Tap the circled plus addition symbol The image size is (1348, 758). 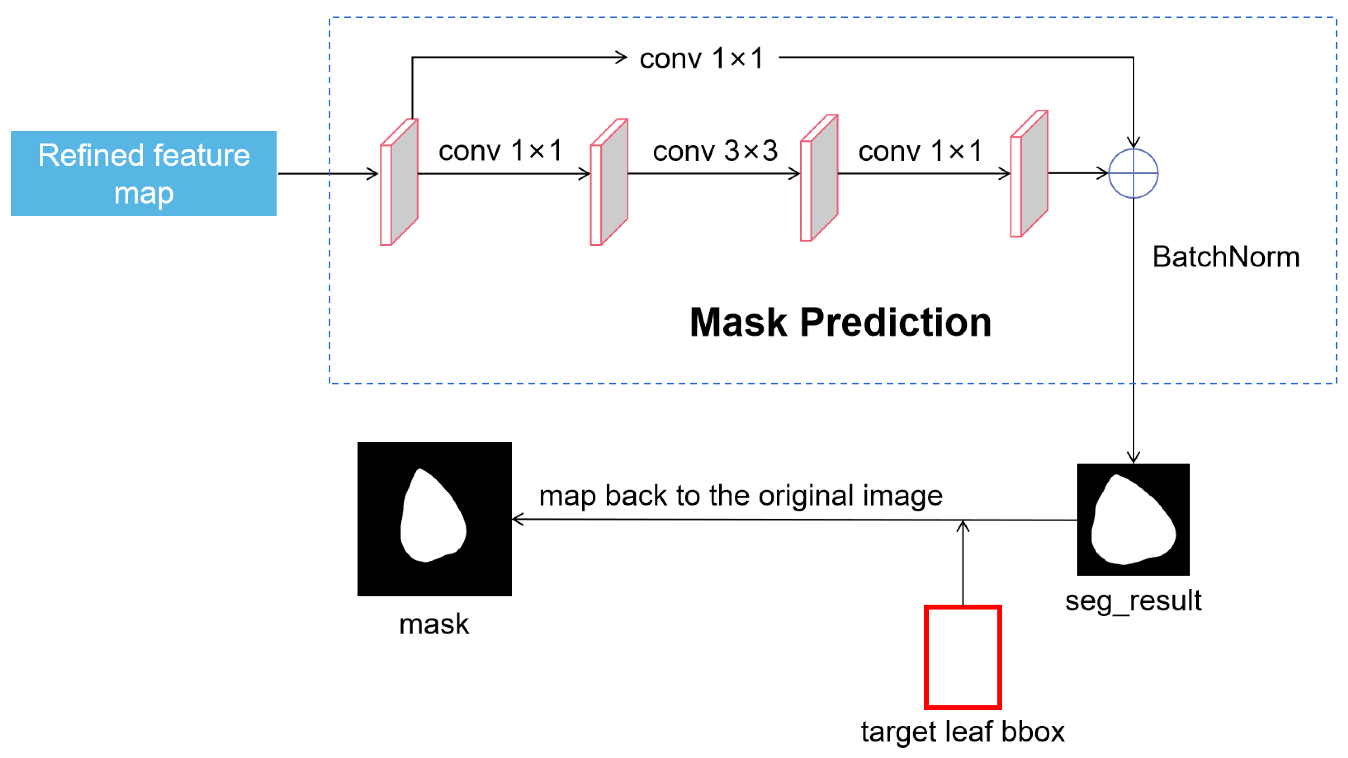click(x=1133, y=173)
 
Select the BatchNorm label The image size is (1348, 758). click(x=1226, y=257)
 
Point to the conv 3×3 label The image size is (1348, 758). click(x=715, y=151)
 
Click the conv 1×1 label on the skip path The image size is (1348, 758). click(x=701, y=58)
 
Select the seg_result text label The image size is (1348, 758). click(x=1133, y=600)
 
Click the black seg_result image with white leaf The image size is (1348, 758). click(x=1133, y=520)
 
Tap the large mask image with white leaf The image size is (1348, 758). click(x=434, y=519)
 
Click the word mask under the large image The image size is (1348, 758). click(x=434, y=624)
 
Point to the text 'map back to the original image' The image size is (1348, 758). click(x=740, y=495)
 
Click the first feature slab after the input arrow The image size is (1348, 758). click(x=399, y=181)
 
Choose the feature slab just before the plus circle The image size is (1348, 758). click(x=1029, y=174)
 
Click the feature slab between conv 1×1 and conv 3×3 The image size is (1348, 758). click(x=609, y=181)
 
